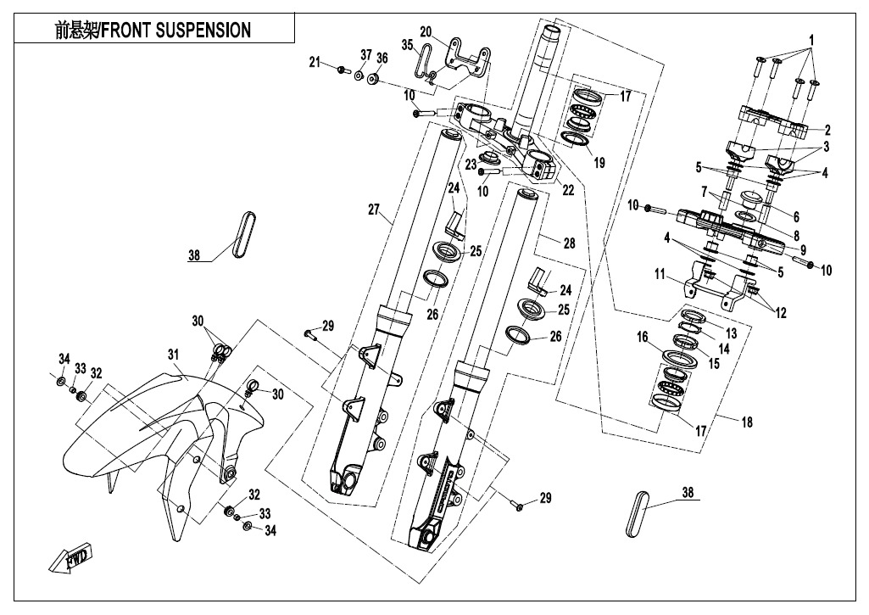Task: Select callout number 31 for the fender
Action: [x=173, y=354]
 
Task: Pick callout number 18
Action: [x=745, y=421]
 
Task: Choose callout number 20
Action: [x=425, y=31]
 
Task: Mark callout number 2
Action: [x=827, y=130]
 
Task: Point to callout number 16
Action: [x=642, y=337]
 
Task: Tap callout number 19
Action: [x=599, y=161]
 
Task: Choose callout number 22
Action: [x=568, y=191]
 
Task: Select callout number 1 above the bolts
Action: [x=811, y=40]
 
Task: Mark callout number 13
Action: [x=731, y=334]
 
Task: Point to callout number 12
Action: [x=779, y=312]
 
